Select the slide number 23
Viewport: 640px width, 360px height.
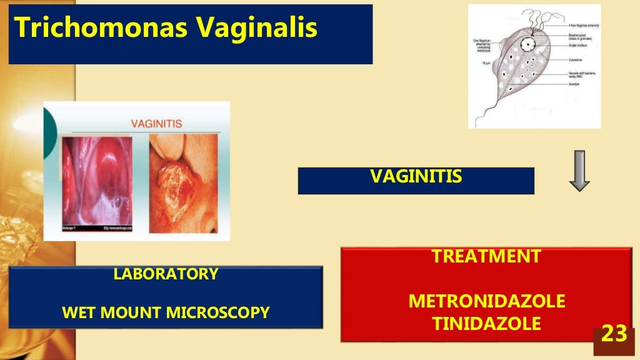pos(613,334)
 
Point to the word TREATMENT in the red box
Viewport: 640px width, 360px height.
pos(487,256)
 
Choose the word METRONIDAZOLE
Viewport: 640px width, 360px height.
pos(487,302)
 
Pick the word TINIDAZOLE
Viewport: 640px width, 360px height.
pos(487,324)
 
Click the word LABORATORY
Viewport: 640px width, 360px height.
pos(166,274)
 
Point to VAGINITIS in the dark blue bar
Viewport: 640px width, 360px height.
pos(416,177)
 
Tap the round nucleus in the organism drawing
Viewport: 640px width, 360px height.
pos(530,44)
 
